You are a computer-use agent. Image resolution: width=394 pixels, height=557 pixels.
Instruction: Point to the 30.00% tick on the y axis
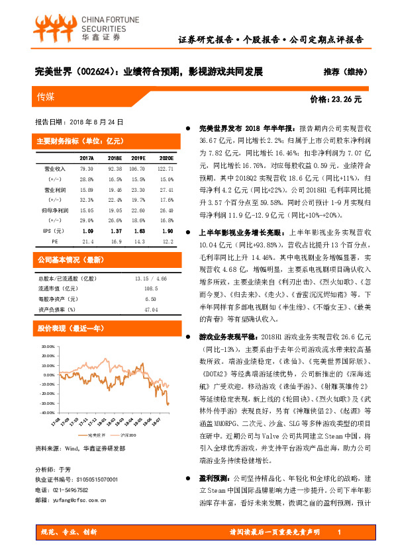(x=48, y=346)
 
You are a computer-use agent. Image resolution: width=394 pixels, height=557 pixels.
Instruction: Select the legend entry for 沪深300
(x=128, y=435)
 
